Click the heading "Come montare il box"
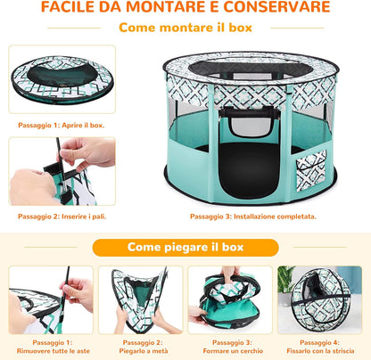coord(185,28)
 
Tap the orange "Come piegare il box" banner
coord(185,248)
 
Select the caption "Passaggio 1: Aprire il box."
coord(62,125)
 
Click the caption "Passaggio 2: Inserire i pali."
coord(62,217)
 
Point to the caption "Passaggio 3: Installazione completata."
coord(253,217)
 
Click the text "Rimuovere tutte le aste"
coord(54,351)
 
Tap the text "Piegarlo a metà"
coord(144,351)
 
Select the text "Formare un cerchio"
coord(233,351)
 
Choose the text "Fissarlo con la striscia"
coord(320,351)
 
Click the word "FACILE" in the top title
coord(68,7)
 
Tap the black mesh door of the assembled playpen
coord(250,170)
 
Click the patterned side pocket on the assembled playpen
coord(311,169)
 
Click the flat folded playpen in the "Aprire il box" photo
coord(62,79)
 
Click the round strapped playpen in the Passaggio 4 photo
coord(320,300)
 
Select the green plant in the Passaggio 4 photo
coord(285,279)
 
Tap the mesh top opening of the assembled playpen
coord(251,70)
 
